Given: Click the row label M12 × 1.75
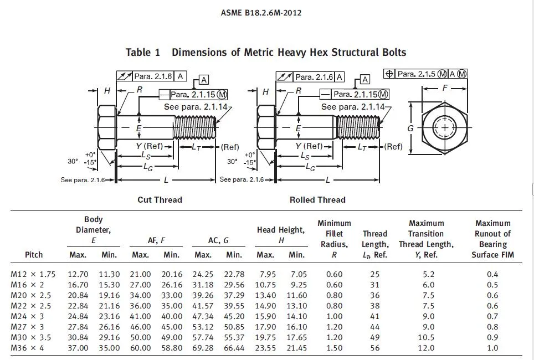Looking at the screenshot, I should pyautogui.click(x=33, y=274).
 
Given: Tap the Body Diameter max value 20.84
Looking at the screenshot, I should pyautogui.click(x=78, y=295).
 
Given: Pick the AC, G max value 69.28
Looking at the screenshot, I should pyautogui.click(x=203, y=348).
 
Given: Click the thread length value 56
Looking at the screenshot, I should pyautogui.click(x=375, y=348).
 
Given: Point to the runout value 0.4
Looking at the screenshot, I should pyautogui.click(x=492, y=274).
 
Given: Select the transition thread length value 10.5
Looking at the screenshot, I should pyautogui.click(x=428, y=337).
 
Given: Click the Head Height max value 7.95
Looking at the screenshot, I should pyautogui.click(x=265, y=274).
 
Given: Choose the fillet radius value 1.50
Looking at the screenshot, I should pyautogui.click(x=334, y=348).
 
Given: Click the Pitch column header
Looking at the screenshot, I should pyautogui.click(x=34, y=255).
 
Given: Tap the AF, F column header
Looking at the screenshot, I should pyautogui.click(x=156, y=240).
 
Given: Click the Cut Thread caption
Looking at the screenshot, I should pyautogui.click(x=160, y=199).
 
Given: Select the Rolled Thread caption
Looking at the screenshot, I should pyautogui.click(x=317, y=199).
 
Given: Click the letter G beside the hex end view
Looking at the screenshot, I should pyautogui.click(x=410, y=128).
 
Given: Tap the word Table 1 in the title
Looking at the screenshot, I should pyautogui.click(x=143, y=53).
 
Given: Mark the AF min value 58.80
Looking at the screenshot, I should pyautogui.click(x=171, y=348).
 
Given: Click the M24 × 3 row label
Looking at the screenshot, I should pyautogui.click(x=29, y=316).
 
